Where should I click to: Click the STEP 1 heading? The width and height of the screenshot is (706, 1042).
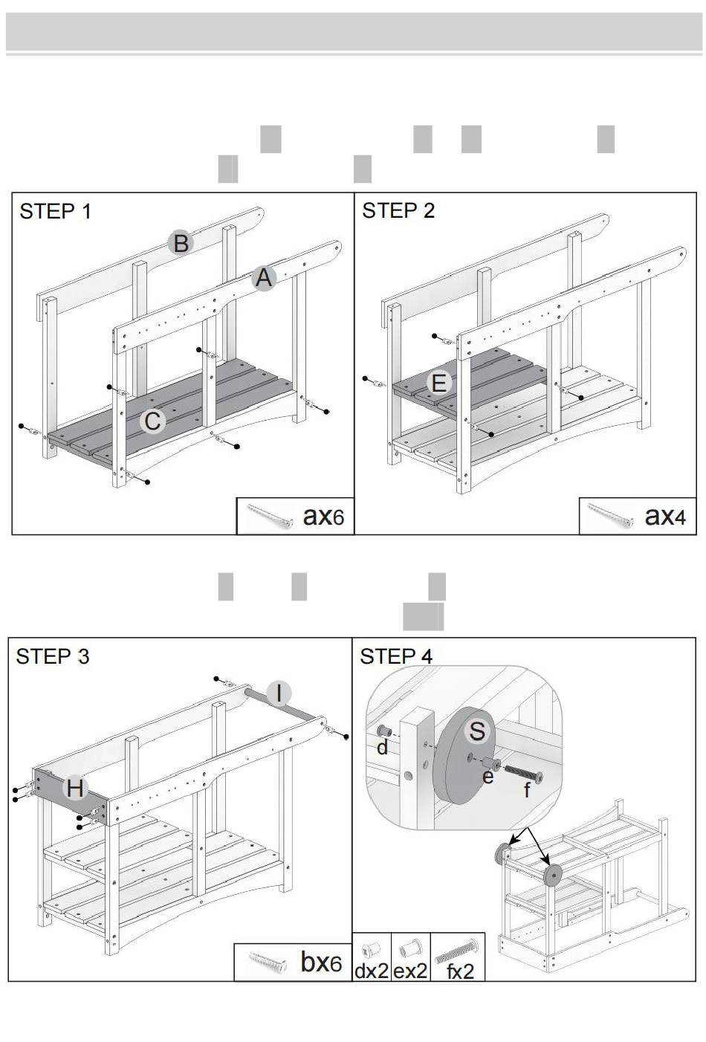(55, 212)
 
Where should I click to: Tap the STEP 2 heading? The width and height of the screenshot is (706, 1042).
(398, 211)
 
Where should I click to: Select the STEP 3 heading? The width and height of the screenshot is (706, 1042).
(52, 656)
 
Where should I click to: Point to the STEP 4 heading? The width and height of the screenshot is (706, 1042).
(396, 656)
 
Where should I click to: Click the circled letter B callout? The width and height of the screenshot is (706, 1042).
(181, 242)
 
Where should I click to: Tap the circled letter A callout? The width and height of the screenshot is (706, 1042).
(264, 278)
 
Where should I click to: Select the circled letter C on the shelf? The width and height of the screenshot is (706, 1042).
(152, 421)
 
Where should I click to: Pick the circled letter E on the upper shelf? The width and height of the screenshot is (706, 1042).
(439, 383)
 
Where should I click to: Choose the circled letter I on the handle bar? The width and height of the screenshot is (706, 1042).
(279, 693)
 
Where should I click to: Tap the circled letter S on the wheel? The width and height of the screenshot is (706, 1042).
(477, 731)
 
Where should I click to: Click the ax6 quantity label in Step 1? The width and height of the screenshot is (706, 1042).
(323, 517)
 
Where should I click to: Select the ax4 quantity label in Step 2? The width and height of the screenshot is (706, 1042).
(665, 516)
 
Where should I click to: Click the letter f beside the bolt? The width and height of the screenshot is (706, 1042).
(526, 789)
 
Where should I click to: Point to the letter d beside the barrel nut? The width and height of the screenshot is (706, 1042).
(382, 748)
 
